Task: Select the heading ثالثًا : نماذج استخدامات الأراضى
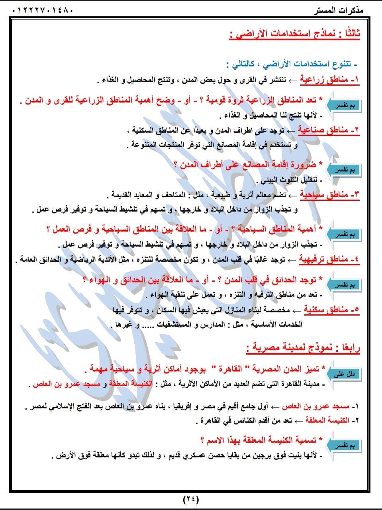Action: pos(295,35)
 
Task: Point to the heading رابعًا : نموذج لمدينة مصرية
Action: pos(303,348)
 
